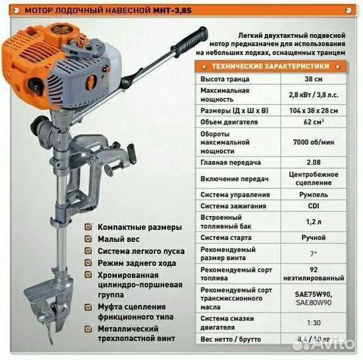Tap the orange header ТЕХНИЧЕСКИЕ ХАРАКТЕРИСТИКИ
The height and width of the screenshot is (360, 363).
pos(270,67)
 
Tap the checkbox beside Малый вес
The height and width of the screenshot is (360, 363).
pos(89,239)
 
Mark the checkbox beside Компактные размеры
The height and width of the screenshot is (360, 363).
pos(89,227)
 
